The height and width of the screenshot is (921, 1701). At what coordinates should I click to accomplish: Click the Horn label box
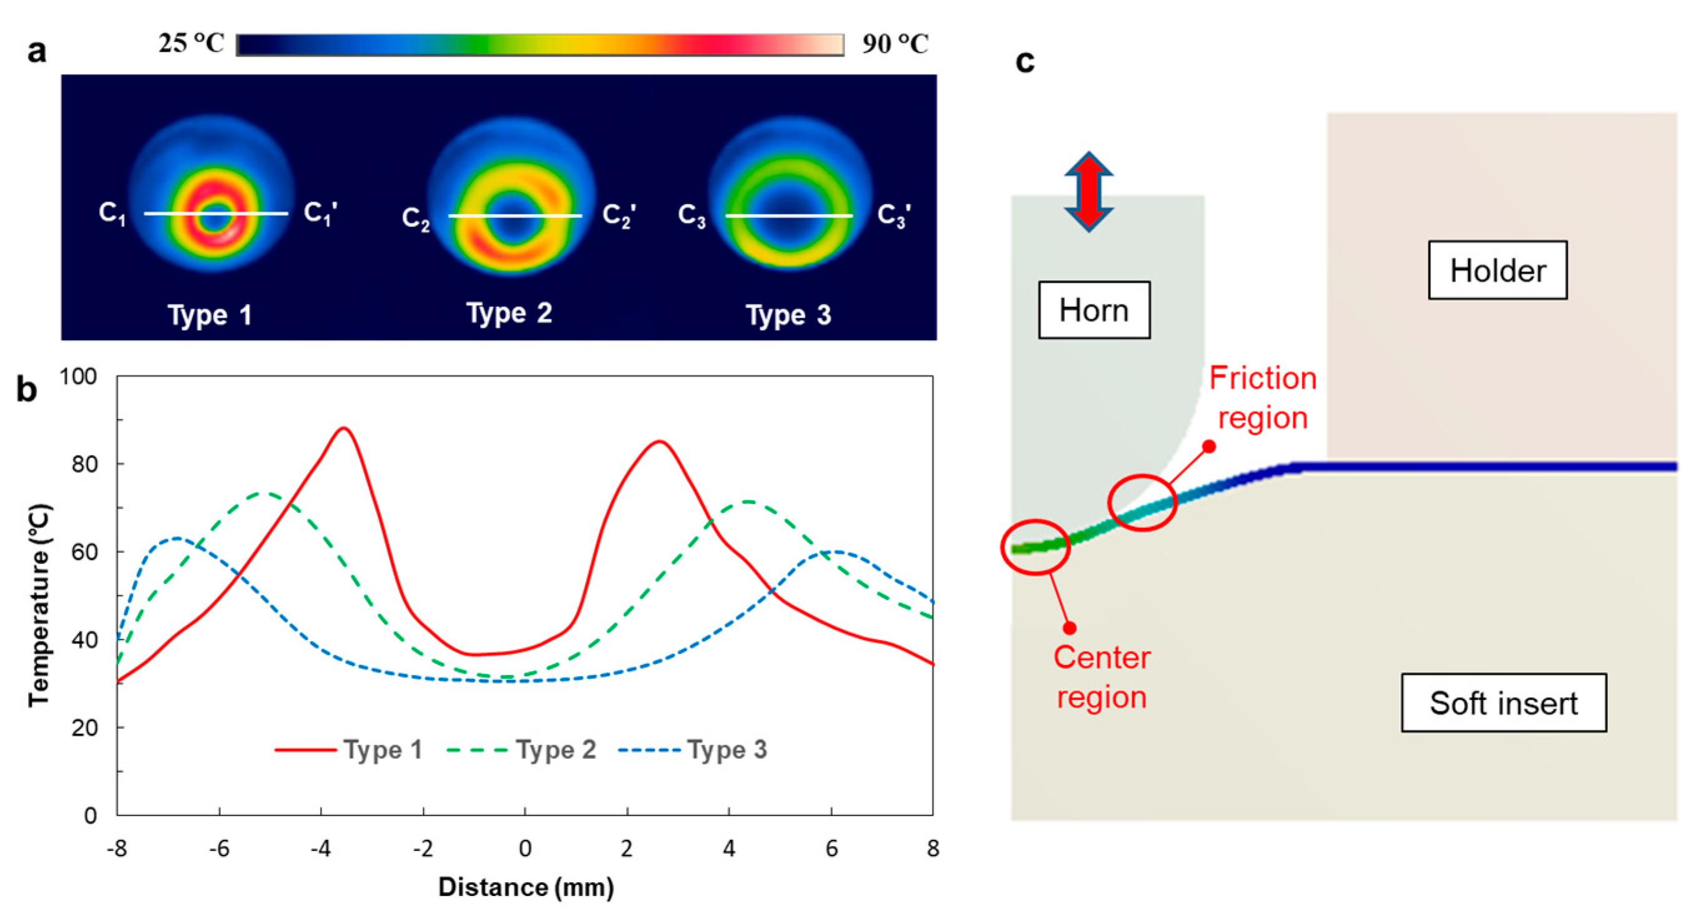click(1094, 310)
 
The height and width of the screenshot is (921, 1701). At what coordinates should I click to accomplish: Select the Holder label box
click(1497, 271)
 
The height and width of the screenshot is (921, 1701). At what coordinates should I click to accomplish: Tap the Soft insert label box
click(1503, 703)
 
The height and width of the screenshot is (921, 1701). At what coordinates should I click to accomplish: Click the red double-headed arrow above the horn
click(1089, 192)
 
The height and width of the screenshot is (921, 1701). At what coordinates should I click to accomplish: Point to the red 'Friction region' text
click(1262, 398)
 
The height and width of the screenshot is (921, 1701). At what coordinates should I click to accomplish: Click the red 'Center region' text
click(1101, 678)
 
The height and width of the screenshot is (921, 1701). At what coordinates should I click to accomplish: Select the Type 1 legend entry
click(350, 750)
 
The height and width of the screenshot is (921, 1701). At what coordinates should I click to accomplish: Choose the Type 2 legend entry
click(522, 750)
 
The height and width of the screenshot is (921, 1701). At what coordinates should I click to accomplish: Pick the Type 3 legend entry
click(694, 750)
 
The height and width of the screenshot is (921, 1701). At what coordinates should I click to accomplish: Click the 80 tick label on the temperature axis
click(84, 464)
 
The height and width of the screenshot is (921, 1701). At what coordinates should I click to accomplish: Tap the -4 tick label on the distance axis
click(320, 849)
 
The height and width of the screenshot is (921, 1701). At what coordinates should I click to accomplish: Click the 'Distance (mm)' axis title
click(526, 887)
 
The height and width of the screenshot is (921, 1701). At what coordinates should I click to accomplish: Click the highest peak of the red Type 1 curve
click(343, 429)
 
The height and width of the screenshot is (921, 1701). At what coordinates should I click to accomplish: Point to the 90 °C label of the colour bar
click(895, 44)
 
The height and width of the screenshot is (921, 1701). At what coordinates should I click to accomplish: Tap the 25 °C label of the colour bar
click(192, 44)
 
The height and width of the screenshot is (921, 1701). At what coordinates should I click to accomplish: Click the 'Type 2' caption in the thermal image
click(509, 313)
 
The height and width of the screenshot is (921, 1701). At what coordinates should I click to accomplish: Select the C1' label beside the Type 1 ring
click(321, 213)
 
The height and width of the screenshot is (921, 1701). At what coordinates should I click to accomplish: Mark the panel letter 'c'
click(1024, 61)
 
